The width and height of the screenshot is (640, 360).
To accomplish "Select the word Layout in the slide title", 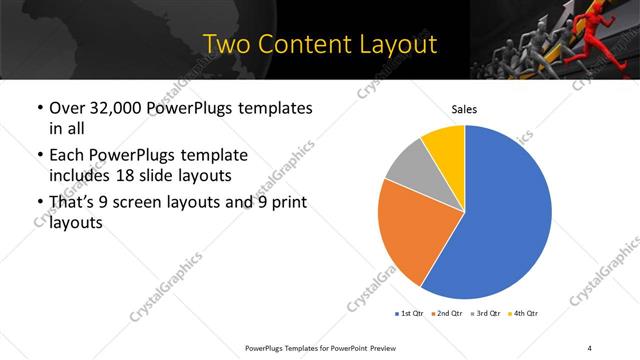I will tap(396, 44).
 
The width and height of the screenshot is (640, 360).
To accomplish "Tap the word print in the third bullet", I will tap(287, 203).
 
